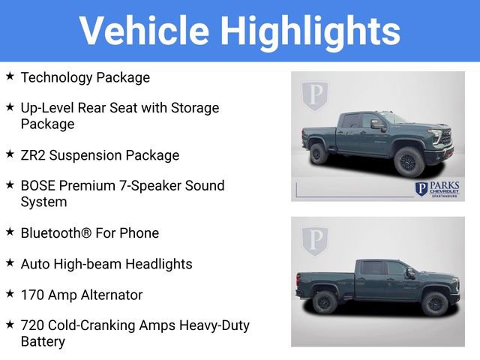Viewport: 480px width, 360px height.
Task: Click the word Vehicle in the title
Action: tap(144, 31)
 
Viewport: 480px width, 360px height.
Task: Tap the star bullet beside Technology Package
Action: tap(10, 76)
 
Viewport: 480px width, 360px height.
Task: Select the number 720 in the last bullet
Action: tap(32, 325)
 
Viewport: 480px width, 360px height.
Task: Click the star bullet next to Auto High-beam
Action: tap(10, 263)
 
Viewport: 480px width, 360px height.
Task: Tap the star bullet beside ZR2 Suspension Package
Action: tap(10, 154)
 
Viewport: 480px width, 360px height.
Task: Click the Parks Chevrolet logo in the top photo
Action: tap(438, 188)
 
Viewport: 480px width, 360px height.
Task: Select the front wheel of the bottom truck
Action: tap(434, 303)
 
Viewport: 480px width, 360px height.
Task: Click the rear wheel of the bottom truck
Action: tap(324, 301)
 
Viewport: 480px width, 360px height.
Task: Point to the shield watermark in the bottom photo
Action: tap(315, 241)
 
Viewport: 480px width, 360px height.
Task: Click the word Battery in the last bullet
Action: tap(43, 342)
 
